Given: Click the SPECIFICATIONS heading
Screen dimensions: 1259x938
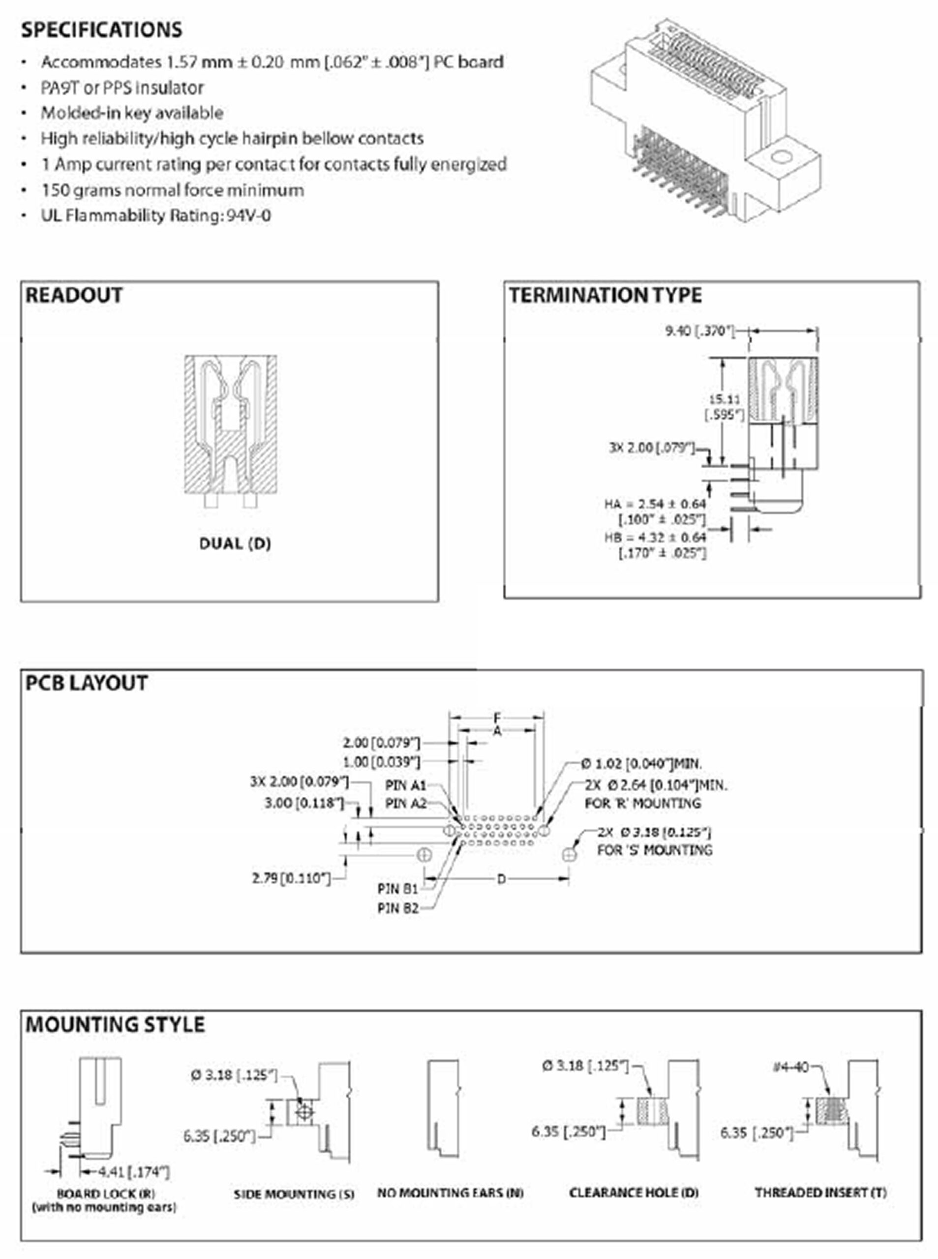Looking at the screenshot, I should click(102, 30).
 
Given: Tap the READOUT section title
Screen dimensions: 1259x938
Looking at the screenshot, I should click(74, 295).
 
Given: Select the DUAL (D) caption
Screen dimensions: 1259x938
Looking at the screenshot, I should click(235, 543).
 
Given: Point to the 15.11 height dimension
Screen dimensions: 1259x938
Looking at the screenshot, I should click(725, 400).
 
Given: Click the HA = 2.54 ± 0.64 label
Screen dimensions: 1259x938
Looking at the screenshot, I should click(655, 504).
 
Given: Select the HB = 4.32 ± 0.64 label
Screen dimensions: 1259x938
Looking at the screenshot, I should click(655, 537).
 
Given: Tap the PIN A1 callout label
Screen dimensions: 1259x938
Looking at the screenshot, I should click(405, 785).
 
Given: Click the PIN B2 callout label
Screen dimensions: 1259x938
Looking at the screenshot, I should click(397, 908).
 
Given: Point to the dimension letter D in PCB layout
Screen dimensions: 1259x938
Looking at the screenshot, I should click(501, 879).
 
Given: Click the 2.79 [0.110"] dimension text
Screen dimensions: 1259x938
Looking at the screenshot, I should click(291, 878).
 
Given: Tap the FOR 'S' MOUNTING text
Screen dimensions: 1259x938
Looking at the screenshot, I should click(654, 850).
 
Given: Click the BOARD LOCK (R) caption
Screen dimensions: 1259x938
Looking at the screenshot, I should click(106, 1193).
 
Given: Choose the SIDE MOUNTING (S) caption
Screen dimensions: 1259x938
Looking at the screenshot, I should click(294, 1194).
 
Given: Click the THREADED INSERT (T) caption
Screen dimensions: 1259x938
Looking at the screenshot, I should click(820, 1193).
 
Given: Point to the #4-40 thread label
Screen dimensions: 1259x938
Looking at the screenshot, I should click(790, 1067).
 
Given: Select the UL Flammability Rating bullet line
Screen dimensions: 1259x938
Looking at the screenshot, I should click(155, 216).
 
